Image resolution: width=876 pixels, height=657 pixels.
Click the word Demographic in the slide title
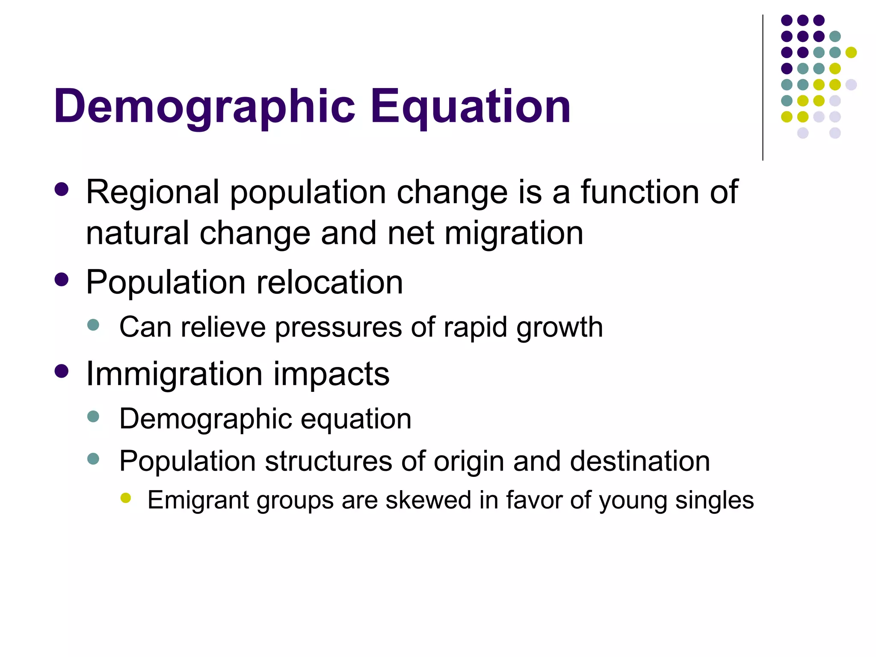(x=204, y=107)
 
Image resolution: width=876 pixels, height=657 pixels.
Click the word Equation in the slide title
(x=470, y=107)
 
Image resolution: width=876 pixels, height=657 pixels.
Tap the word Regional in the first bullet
(x=153, y=192)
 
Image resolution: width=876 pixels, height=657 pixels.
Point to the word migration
(x=514, y=234)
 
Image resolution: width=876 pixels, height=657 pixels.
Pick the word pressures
(x=338, y=328)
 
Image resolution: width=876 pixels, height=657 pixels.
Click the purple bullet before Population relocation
(x=62, y=280)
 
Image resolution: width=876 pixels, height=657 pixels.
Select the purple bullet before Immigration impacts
(x=62, y=371)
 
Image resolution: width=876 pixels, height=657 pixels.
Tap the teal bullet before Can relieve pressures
(x=93, y=325)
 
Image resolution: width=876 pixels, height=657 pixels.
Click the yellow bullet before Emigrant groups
(x=126, y=497)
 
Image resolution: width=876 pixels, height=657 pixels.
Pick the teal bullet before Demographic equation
(x=93, y=416)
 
